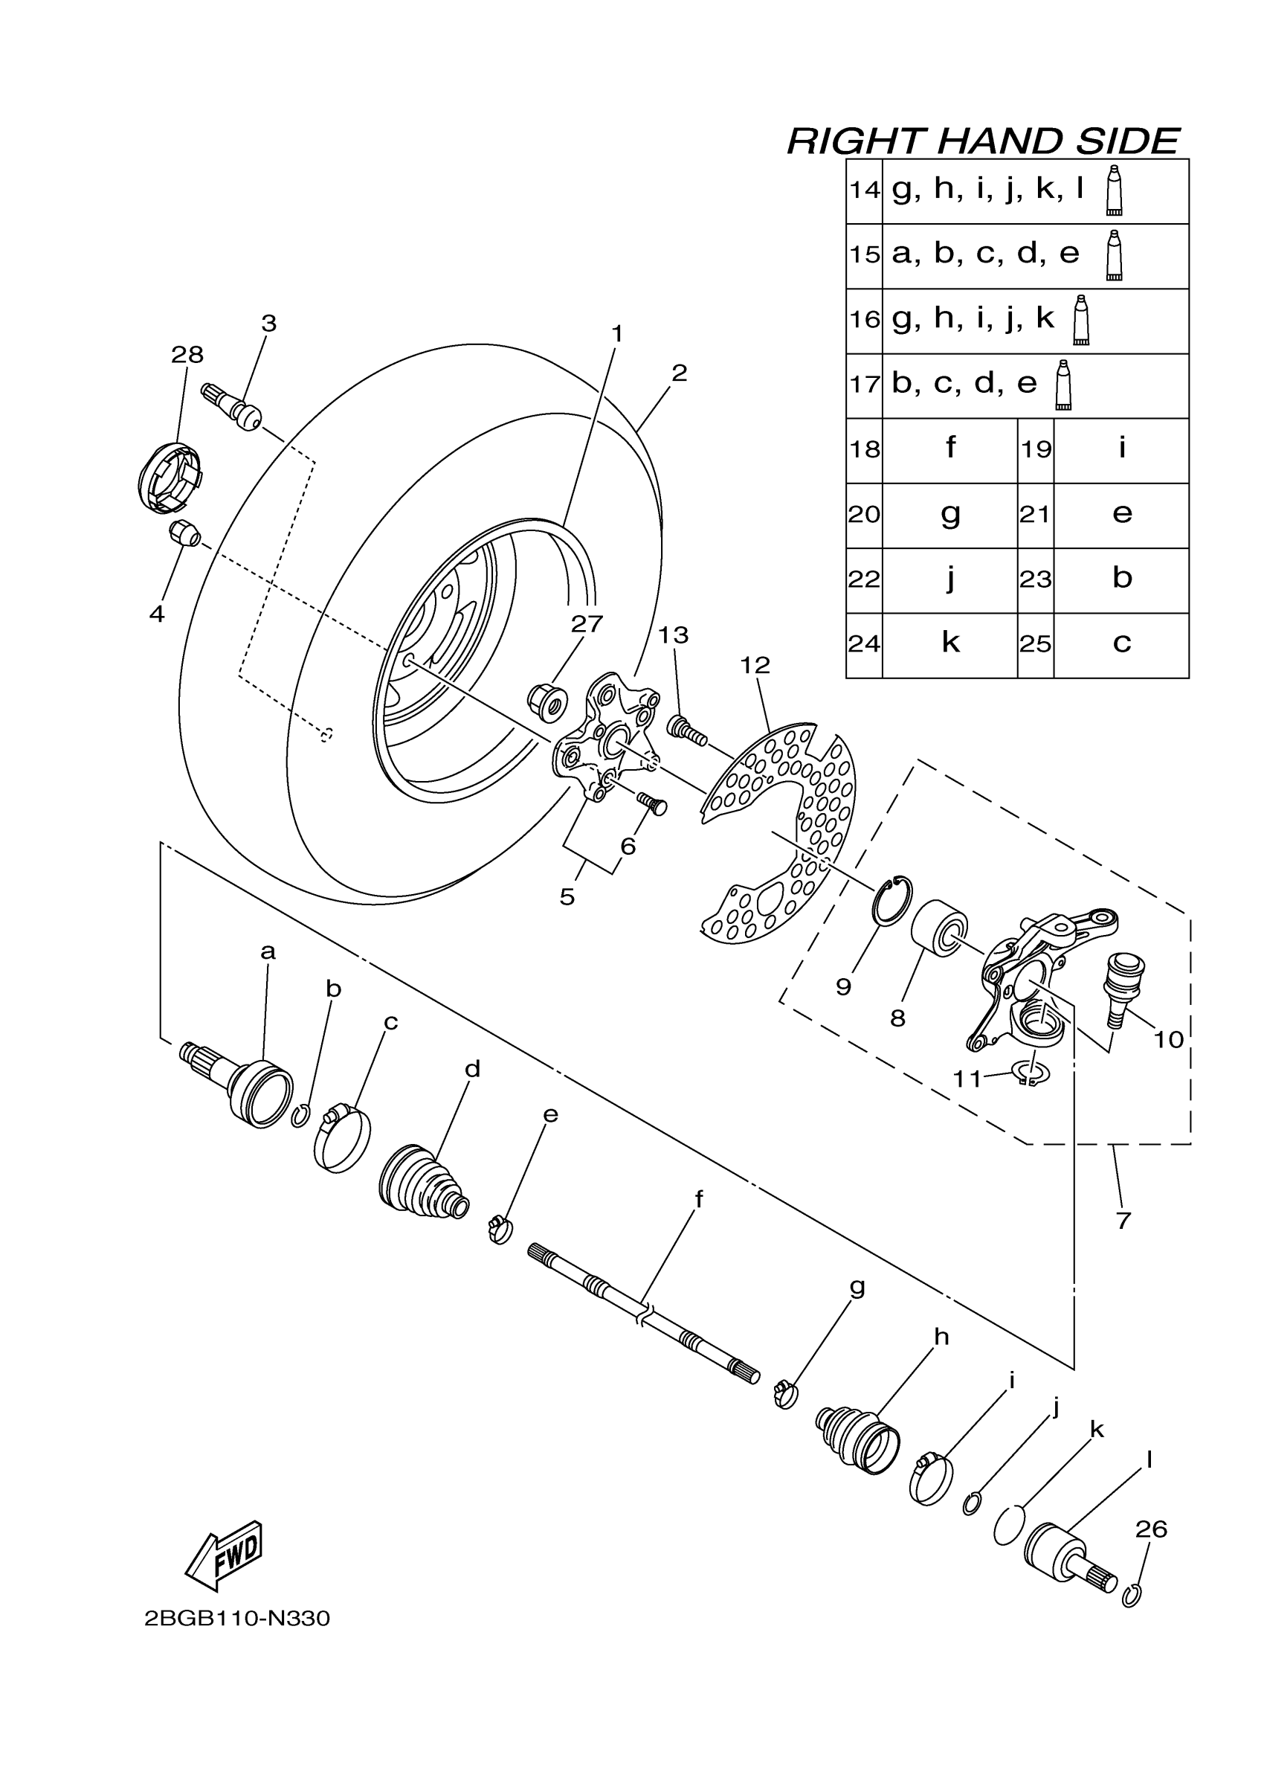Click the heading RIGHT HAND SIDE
click(x=983, y=141)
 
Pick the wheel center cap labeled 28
click(x=169, y=478)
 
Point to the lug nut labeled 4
click(x=184, y=535)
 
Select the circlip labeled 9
click(x=892, y=902)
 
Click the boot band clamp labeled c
click(x=343, y=1140)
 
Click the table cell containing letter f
click(x=950, y=449)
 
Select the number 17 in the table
click(x=865, y=385)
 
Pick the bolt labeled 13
click(x=686, y=730)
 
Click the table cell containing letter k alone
click(x=950, y=644)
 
